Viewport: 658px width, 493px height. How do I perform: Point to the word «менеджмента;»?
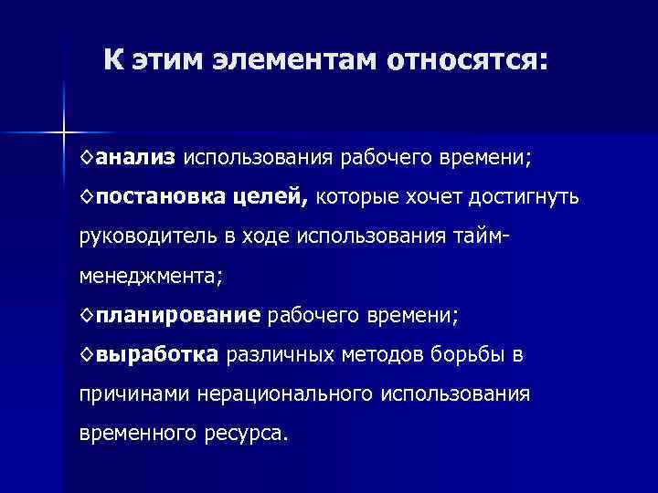(151, 275)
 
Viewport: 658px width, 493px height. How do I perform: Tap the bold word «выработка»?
(156, 354)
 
